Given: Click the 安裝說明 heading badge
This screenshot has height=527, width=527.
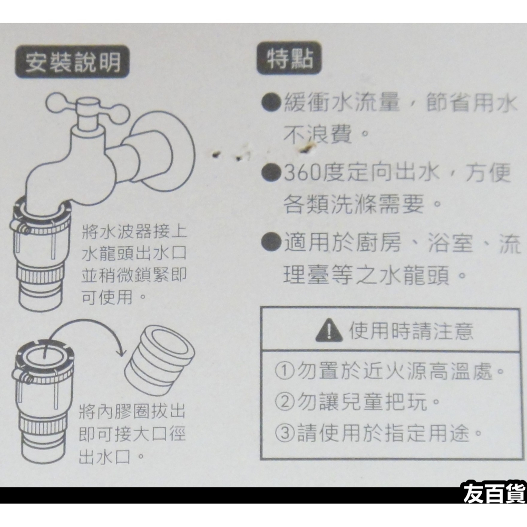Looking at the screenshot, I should point(73,63).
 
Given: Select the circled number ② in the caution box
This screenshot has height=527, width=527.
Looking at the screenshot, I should point(285,404).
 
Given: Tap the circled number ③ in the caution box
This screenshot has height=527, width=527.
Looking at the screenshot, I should point(285,434).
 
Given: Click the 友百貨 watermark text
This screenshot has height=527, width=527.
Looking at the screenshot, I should point(493,495).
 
